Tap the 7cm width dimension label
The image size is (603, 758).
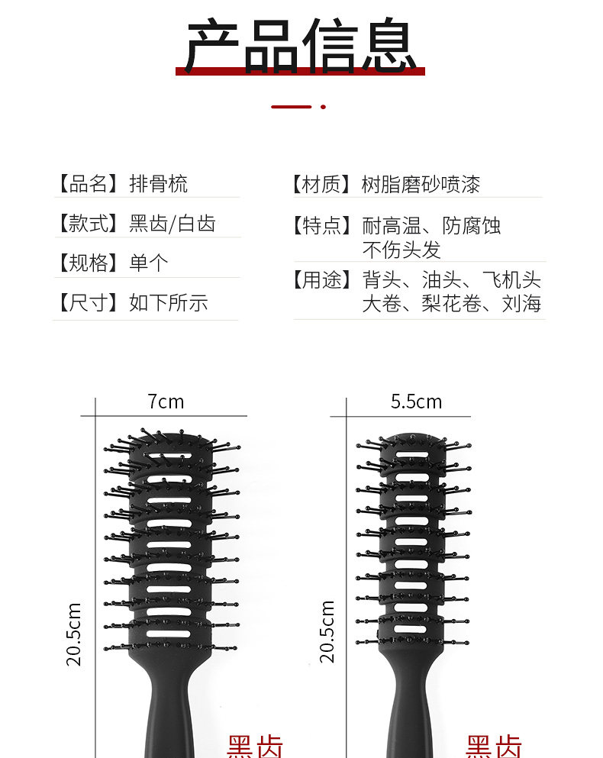point(166,402)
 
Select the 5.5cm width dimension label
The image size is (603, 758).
point(416,402)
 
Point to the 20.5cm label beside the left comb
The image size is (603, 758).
point(74,634)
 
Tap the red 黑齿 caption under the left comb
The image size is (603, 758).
point(255,747)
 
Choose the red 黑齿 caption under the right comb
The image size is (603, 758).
point(494,747)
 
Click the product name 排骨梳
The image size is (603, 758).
point(158,184)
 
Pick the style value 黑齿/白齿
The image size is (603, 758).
point(172,224)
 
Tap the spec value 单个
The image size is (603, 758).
point(148,263)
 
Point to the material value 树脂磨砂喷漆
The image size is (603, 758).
point(421,184)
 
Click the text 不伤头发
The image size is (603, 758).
point(401,250)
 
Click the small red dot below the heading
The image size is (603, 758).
point(323,107)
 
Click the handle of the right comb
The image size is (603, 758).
point(412,710)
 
